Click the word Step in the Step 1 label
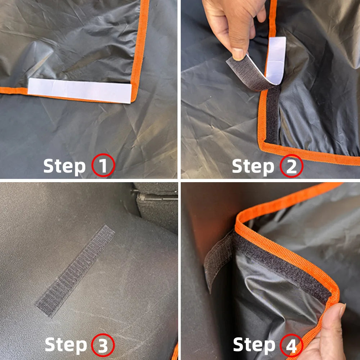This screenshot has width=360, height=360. point(64,166)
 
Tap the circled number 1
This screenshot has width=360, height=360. point(103,166)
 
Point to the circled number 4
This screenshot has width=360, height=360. point(291,346)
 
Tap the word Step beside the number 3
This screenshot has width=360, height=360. point(66,345)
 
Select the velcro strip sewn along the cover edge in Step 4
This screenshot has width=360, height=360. point(284,266)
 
